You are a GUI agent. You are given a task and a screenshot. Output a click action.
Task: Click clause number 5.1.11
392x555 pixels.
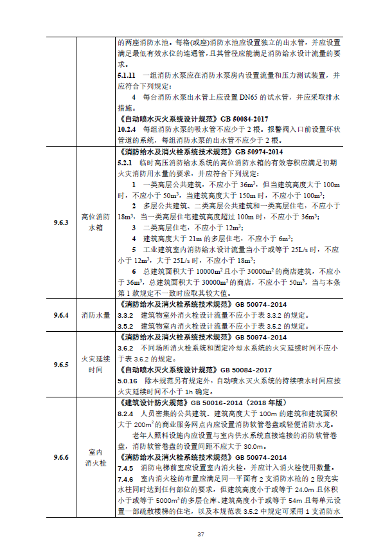pos(128,75)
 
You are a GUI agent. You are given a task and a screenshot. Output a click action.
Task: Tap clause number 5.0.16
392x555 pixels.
pos(128,381)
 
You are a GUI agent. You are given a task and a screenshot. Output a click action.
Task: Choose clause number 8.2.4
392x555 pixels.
pos(126,414)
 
